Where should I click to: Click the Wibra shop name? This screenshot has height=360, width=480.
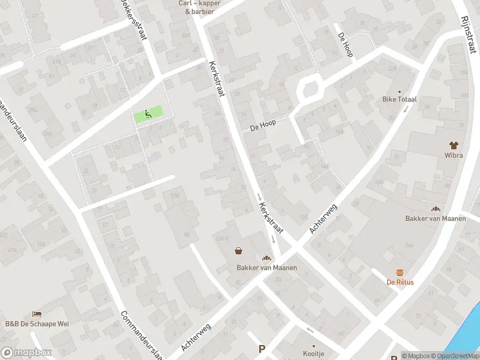454,155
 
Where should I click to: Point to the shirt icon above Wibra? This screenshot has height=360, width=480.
454,145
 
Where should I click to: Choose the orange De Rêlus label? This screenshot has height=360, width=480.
400,282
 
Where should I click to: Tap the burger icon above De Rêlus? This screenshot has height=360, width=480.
400,272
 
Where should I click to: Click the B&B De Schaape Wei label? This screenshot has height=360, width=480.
37,324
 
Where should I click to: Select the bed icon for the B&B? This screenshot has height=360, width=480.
37,314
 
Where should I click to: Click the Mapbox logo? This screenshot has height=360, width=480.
26,353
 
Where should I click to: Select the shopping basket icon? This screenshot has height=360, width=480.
239,252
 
